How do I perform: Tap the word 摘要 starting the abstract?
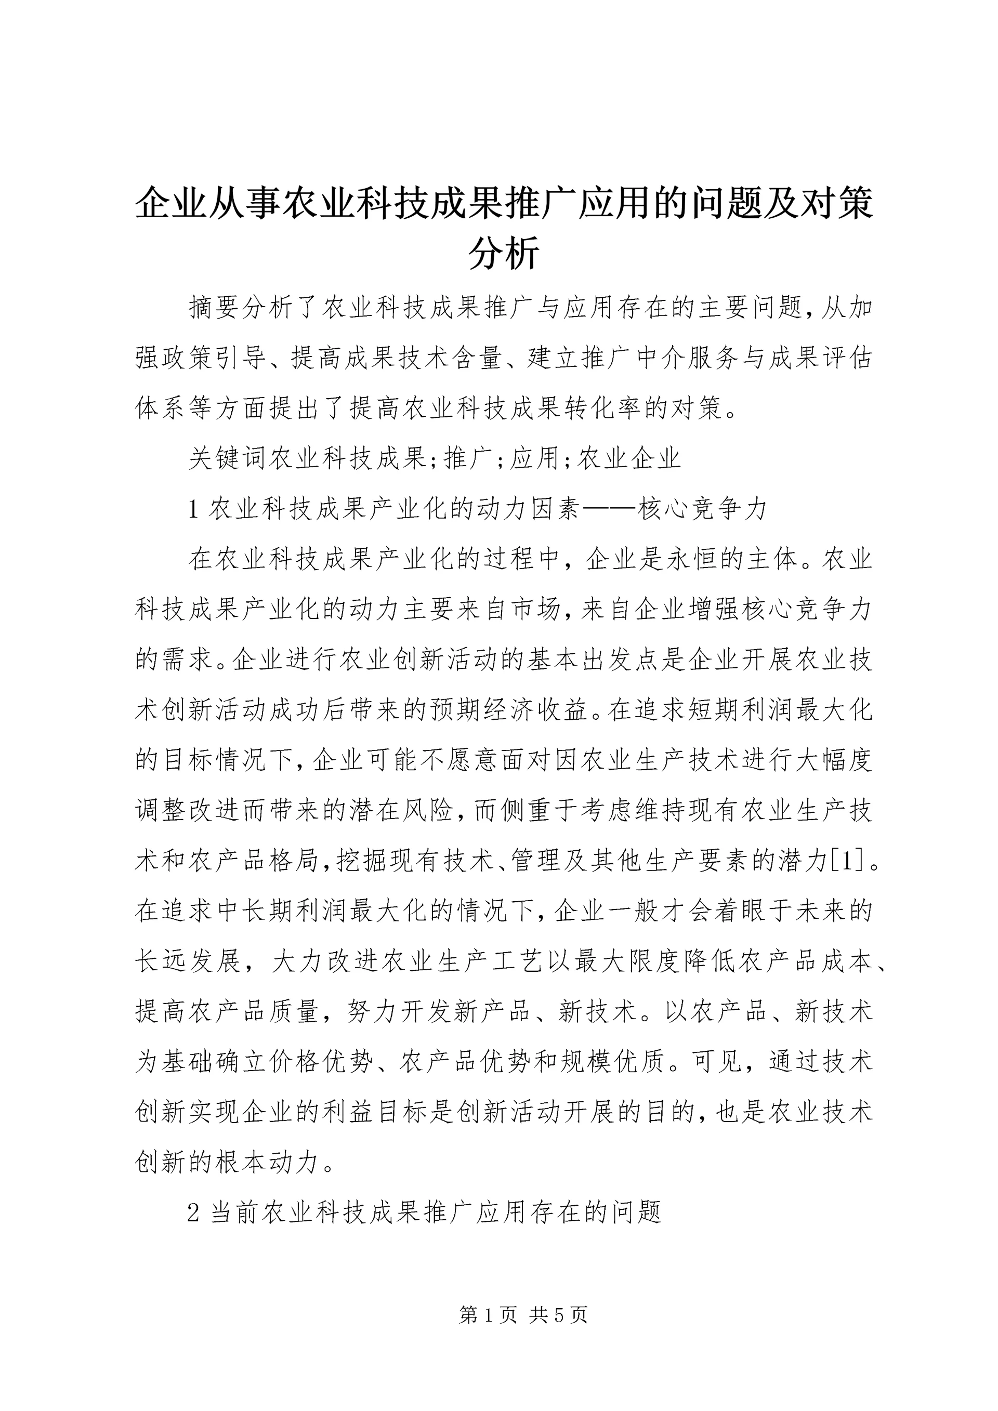215,307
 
